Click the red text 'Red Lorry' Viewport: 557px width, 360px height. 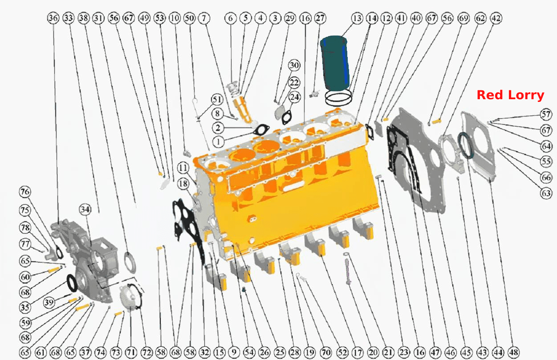pos(510,95)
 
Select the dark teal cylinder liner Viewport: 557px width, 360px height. pos(335,63)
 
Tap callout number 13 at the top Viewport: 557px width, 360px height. pos(357,18)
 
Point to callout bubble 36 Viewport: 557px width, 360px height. pos(53,18)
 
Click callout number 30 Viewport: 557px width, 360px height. pos(294,65)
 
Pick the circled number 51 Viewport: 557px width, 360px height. pos(217,99)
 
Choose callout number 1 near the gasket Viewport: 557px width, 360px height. pos(219,142)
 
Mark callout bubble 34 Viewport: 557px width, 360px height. pos(85,210)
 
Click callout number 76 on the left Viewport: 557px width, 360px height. pos(25,192)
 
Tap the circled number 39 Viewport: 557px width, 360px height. pos(49,302)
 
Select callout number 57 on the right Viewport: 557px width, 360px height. pos(546,114)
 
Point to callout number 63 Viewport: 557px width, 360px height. pos(546,193)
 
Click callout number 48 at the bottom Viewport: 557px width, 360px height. pos(514,352)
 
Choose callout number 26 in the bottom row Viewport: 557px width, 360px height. pos(264,352)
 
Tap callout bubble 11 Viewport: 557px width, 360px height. pos(183,168)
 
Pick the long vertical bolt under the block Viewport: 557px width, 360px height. pos(347,271)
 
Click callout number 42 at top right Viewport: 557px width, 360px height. pos(496,18)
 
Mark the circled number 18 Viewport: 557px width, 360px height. pos(183,184)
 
